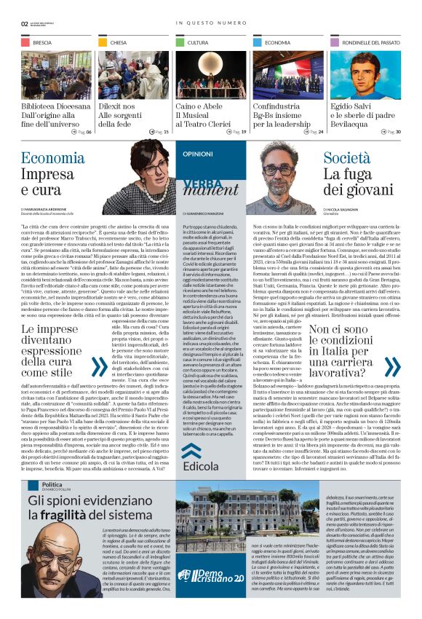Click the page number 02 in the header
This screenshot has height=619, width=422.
24,23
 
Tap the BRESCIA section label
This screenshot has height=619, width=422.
42,43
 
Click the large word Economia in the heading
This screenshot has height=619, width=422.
52,159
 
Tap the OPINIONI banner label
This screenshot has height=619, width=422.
198,154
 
